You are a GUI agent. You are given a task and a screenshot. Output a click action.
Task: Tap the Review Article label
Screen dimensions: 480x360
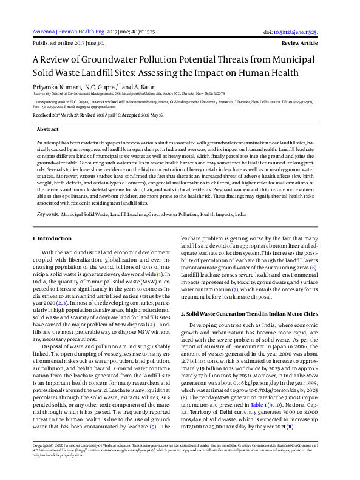point(300,44)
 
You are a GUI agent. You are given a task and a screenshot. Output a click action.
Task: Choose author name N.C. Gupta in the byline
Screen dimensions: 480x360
point(100,87)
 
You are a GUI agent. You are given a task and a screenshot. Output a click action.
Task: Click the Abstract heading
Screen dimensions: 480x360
point(48,130)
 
